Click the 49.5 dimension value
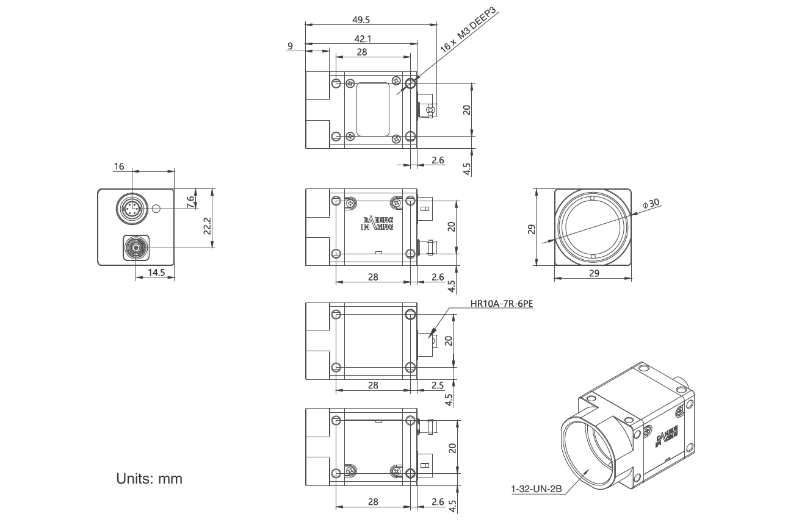[x=361, y=20]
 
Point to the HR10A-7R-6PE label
[x=502, y=304]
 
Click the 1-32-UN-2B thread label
[x=535, y=488]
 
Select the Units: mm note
[x=149, y=479]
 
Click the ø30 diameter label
[x=652, y=204]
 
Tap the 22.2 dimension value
[x=208, y=226]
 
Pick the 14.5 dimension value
[x=157, y=273]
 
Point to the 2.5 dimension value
[x=438, y=385]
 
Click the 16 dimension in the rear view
[x=118, y=166]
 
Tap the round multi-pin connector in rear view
[x=131, y=208]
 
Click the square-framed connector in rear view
[x=135, y=248]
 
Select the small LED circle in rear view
[x=156, y=209]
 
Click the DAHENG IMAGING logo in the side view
[x=377, y=223]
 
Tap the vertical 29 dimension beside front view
[x=532, y=229]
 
